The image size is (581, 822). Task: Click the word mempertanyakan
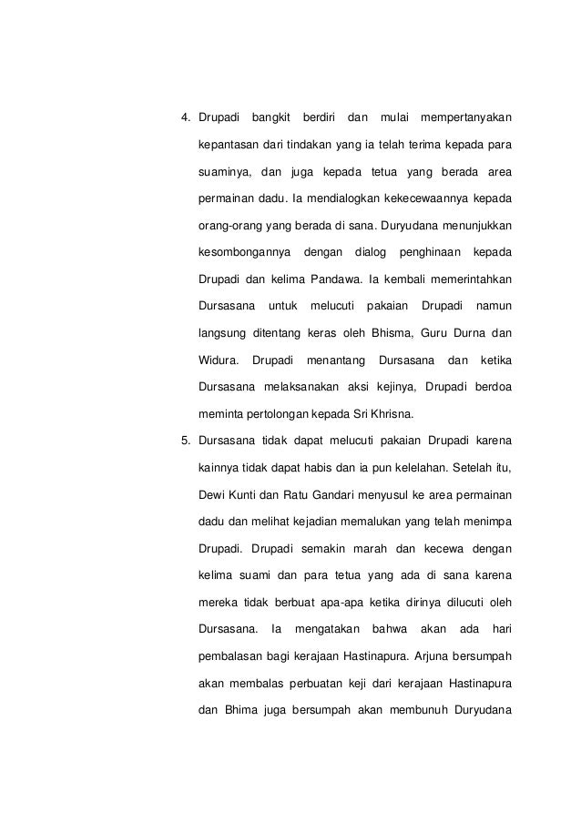[466, 118]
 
